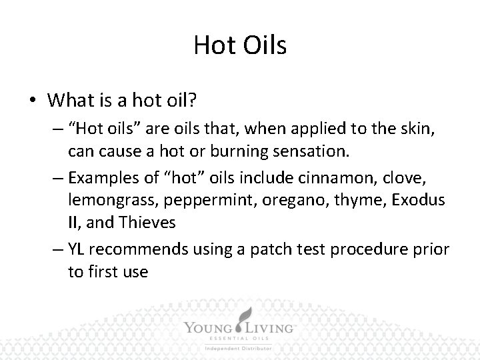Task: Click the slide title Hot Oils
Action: [239, 45]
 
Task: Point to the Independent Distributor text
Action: [239, 349]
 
